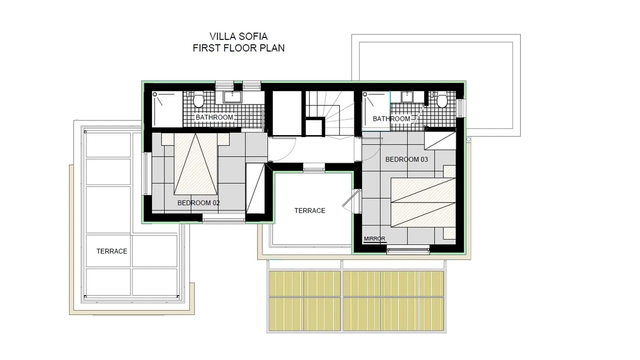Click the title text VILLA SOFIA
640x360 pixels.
tap(238, 36)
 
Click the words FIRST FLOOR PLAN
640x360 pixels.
tap(238, 48)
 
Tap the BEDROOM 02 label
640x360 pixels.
tap(198, 203)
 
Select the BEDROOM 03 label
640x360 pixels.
tap(406, 159)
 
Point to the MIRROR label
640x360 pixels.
tap(374, 238)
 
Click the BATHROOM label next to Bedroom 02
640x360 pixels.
tap(214, 117)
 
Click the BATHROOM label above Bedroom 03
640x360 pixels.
tap(391, 118)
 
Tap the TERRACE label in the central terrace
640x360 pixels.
tap(309, 210)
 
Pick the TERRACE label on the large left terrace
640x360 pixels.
tap(111, 251)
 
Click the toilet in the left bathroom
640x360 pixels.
tap(198, 99)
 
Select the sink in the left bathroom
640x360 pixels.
tap(232, 97)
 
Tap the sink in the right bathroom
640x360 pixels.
tap(407, 97)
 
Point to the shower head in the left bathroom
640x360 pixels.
tap(154, 94)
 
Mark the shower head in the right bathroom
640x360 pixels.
tap(364, 94)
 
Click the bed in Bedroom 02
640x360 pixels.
tap(195, 164)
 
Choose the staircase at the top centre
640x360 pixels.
tap(330, 113)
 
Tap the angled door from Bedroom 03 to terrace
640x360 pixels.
tap(351, 197)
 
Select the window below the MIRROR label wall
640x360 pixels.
tap(408, 251)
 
